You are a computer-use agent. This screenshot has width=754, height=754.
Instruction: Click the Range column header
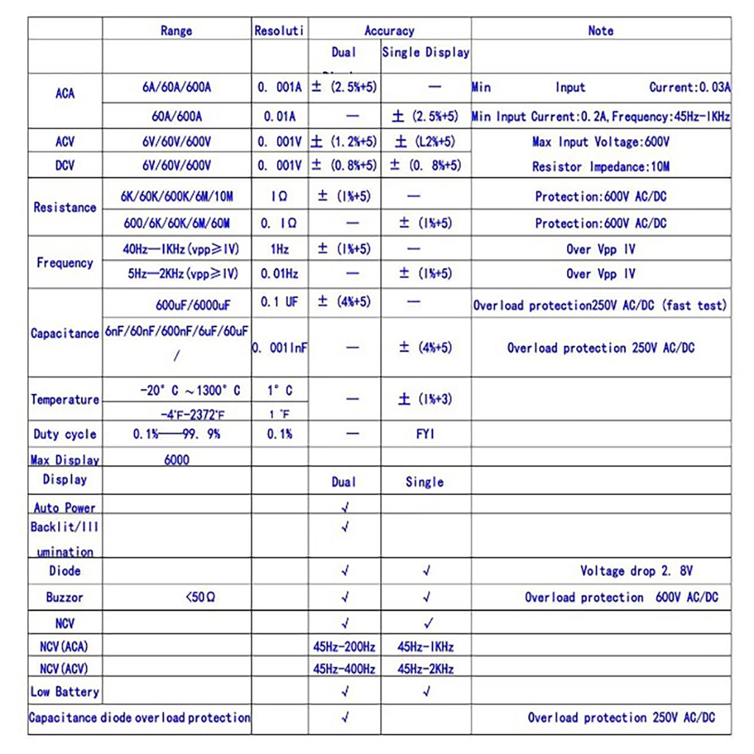pos(176,30)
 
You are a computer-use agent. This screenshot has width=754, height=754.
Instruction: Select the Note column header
pos(600,30)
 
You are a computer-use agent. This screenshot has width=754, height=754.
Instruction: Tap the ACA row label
pos(65,94)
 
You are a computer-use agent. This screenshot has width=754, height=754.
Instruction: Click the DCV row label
pos(65,166)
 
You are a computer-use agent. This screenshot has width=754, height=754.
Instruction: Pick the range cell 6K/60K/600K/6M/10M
pos(177,197)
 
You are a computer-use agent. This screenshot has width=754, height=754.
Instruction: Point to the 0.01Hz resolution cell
pos(279,274)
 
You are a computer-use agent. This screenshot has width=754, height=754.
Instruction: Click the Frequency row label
pos(65,262)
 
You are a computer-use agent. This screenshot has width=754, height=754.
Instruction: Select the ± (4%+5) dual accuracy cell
pos(344,301)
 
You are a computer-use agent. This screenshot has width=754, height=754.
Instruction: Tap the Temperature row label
pos(65,399)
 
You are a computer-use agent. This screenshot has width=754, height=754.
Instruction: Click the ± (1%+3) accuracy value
pos(426,399)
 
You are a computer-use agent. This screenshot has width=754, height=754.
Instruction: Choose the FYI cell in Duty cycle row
pos(426,434)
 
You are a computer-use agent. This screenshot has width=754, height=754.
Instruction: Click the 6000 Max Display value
pos(177,459)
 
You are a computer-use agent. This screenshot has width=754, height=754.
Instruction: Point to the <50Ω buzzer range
pos(200,597)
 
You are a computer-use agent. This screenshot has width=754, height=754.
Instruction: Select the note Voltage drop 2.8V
pos(636,571)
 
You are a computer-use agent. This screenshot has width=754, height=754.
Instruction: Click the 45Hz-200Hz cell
pos(344,647)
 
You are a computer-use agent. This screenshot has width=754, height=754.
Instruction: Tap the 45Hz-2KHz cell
pos(426,669)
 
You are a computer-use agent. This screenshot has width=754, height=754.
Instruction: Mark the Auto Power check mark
pos(345,507)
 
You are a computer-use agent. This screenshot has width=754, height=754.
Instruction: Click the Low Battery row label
pos(65,691)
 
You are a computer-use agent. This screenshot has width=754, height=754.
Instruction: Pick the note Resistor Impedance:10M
pos(601,166)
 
